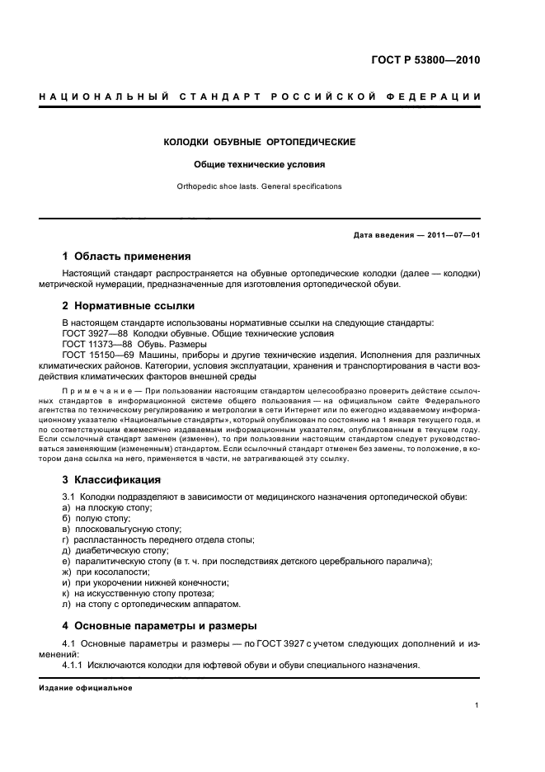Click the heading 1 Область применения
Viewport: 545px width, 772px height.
pos(127,256)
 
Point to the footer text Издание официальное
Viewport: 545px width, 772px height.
pos(85,688)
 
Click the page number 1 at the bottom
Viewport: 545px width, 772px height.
pos(477,706)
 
